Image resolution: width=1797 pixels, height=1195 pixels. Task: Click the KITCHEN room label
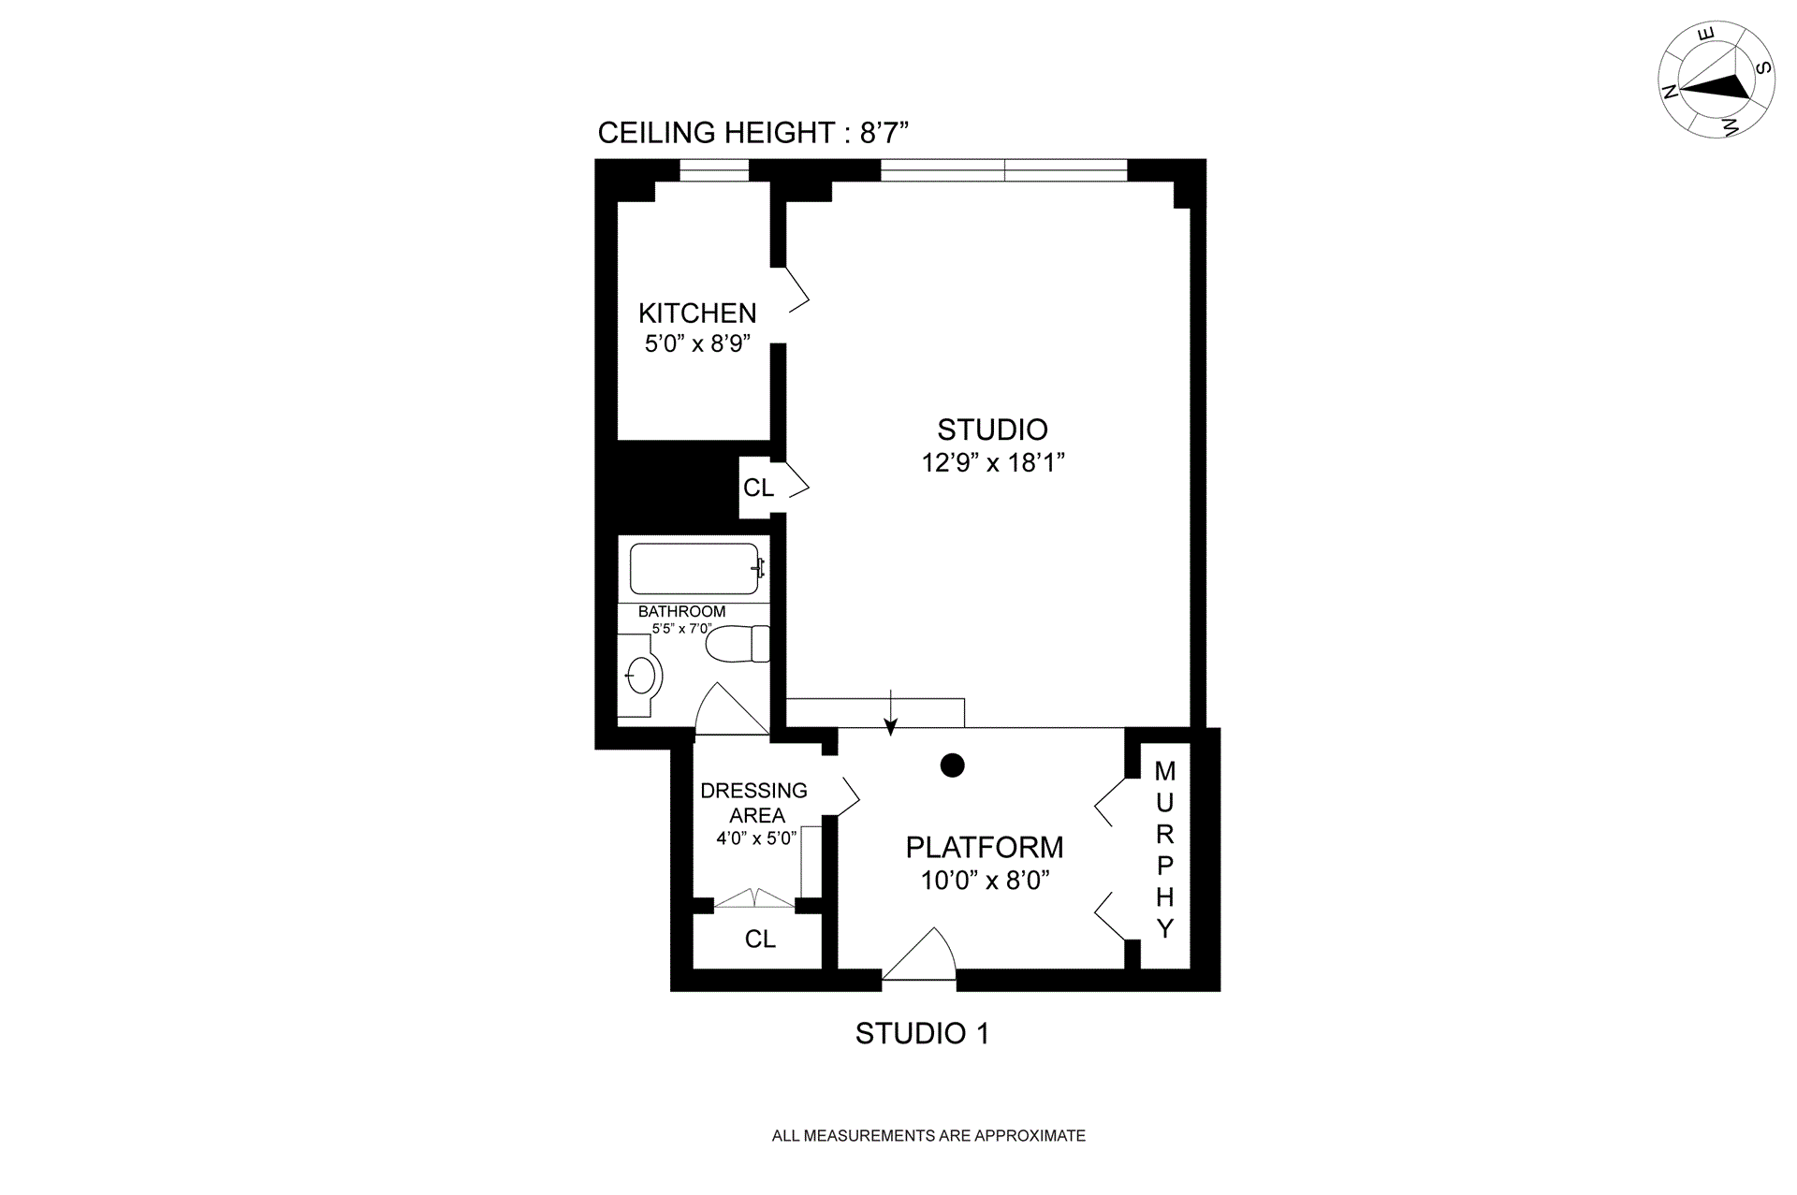click(697, 313)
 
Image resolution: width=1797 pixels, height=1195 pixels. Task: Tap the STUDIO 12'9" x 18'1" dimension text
click(993, 462)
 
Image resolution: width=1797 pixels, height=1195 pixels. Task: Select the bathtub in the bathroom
click(694, 569)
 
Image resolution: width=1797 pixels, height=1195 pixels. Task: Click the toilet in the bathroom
click(738, 644)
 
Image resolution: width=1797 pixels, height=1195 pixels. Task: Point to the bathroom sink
click(640, 675)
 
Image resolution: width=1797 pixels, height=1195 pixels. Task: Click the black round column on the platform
click(953, 765)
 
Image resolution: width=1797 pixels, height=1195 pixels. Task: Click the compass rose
click(1717, 80)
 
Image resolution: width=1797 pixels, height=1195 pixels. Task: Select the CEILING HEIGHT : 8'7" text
click(753, 133)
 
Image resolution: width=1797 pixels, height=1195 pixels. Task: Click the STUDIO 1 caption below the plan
click(922, 1033)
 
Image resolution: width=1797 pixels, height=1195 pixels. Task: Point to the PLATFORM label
click(985, 847)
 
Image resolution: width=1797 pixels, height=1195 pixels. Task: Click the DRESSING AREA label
click(754, 803)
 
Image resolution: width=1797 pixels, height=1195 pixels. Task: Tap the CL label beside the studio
click(758, 488)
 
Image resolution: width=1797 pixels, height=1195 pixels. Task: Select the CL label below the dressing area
click(760, 939)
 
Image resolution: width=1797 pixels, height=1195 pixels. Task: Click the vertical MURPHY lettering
click(1165, 850)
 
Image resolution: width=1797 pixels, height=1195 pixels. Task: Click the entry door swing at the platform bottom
click(919, 955)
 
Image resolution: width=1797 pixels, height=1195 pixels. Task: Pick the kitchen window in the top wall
click(714, 170)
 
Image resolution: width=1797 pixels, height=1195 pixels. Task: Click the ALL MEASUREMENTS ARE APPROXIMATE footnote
click(928, 1136)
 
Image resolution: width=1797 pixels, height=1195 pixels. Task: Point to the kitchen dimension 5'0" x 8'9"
click(697, 343)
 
